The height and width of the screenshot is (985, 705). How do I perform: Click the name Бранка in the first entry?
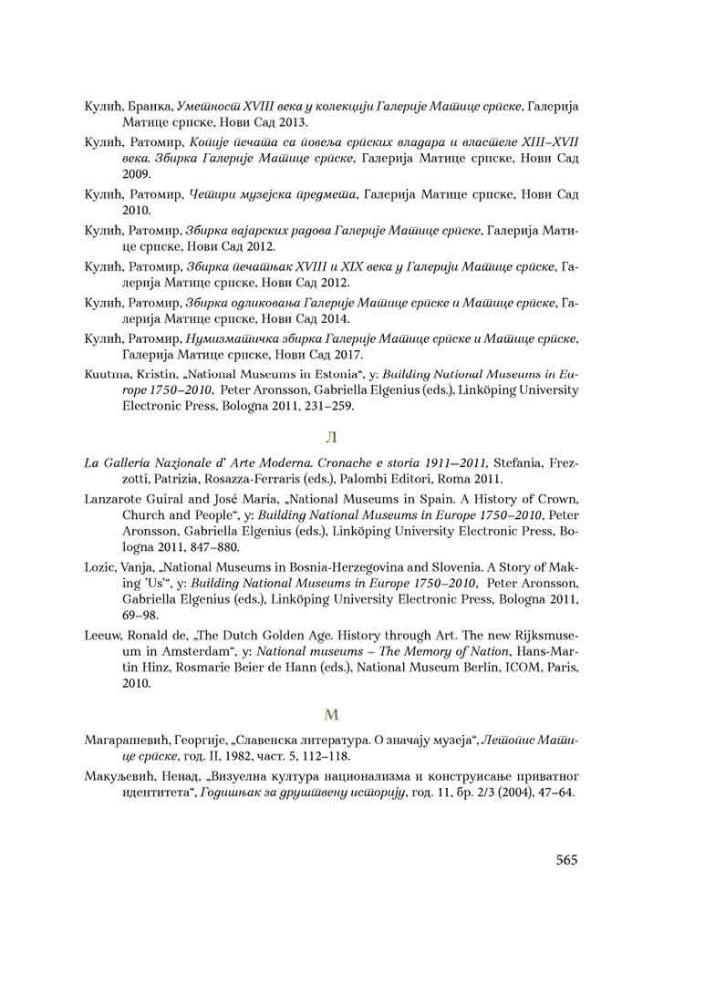[x=150, y=108]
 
